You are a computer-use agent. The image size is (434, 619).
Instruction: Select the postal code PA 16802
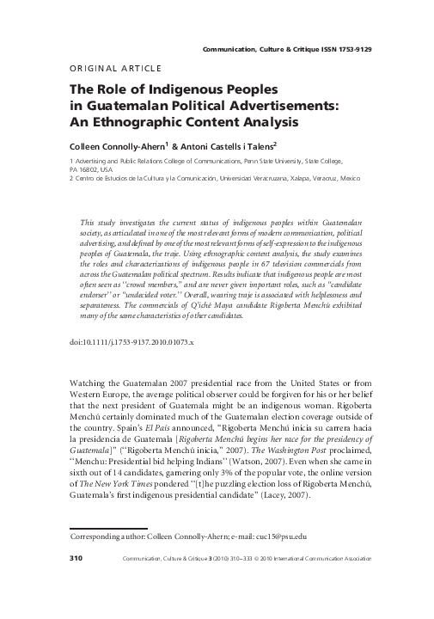click(x=84, y=169)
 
